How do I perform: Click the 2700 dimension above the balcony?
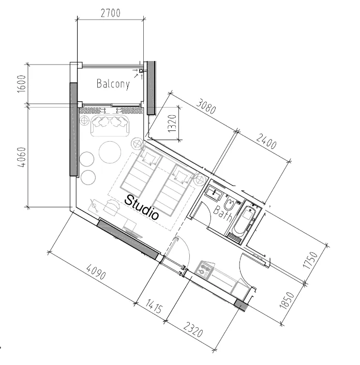click(x=111, y=13)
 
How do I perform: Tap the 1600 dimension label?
click(x=21, y=84)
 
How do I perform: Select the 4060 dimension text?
click(x=22, y=157)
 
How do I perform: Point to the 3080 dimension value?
click(x=206, y=106)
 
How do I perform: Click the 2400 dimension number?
click(x=266, y=141)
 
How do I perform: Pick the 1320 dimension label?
click(x=172, y=124)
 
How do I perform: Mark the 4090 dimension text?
click(x=96, y=271)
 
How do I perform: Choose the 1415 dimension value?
click(x=154, y=306)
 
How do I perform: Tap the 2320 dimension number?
click(x=193, y=329)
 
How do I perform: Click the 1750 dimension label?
click(x=310, y=260)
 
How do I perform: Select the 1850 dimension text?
click(x=287, y=300)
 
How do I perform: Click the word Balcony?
click(x=113, y=84)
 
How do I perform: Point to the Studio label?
click(x=142, y=207)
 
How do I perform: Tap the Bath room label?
click(x=222, y=213)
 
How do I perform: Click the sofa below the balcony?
click(x=110, y=125)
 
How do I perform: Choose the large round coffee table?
click(x=110, y=153)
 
